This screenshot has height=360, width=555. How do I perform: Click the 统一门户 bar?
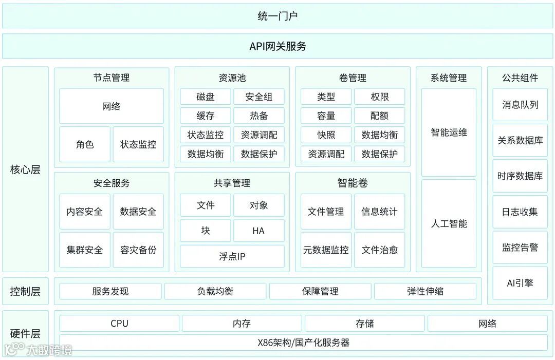[277, 16]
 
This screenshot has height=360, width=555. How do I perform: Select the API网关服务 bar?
[277, 46]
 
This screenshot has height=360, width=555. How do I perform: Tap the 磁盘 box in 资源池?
[205, 97]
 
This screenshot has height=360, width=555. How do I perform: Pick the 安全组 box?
[258, 97]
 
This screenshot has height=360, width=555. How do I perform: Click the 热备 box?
[258, 116]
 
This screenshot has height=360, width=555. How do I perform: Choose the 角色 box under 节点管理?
[85, 144]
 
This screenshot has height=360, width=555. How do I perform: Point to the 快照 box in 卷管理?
[326, 135]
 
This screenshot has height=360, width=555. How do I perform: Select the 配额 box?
[379, 116]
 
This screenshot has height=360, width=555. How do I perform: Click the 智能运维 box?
[449, 132]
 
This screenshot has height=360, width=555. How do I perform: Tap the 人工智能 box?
[449, 224]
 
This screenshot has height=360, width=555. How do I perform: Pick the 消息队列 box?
[520, 105]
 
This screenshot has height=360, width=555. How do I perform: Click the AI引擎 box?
[520, 283]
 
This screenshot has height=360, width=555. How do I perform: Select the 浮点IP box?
[232, 256]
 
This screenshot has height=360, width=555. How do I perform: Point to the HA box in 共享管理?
[258, 231]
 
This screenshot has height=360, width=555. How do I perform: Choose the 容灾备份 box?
[138, 250]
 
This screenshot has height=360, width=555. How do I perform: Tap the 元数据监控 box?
[326, 250]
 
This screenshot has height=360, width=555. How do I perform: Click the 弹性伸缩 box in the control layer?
[425, 291]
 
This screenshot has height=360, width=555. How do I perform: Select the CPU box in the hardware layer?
[119, 324]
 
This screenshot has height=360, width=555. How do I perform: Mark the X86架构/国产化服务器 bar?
[303, 343]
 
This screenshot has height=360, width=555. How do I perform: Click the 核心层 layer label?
[25, 169]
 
